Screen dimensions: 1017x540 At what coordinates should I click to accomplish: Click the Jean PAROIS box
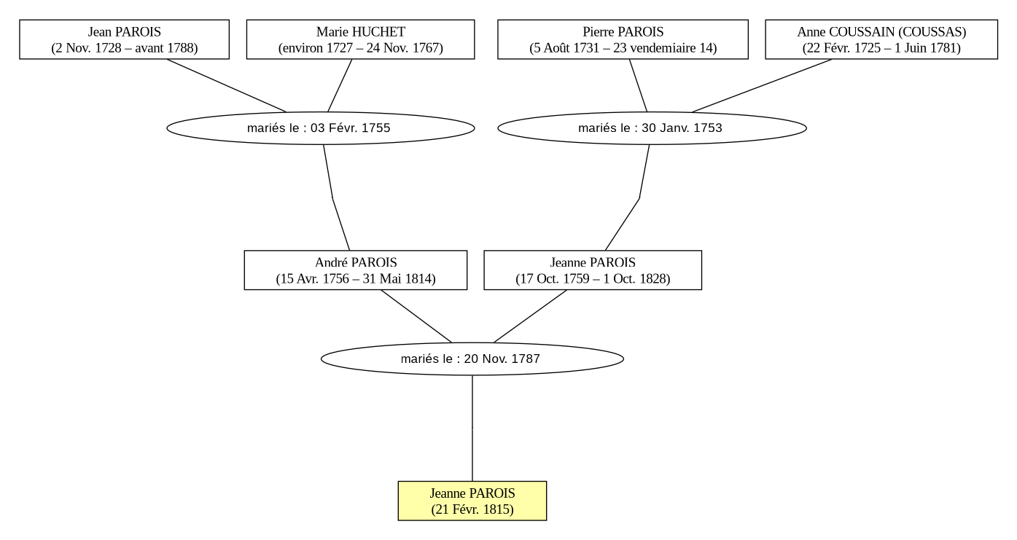pyautogui.click(x=124, y=39)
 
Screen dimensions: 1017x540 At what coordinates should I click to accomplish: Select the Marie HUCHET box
pyautogui.click(x=360, y=39)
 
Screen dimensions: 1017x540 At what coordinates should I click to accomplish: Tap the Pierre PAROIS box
pyautogui.click(x=623, y=39)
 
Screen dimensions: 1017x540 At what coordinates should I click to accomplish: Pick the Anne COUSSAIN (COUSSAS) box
pyautogui.click(x=881, y=39)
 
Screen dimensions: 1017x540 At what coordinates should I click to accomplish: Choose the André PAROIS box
pyautogui.click(x=356, y=270)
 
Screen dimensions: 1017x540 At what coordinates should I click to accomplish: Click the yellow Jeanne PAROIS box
pyautogui.click(x=472, y=501)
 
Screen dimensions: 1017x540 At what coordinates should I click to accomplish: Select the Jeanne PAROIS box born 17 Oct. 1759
pyautogui.click(x=593, y=270)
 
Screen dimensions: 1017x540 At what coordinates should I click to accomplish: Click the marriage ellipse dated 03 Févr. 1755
pyautogui.click(x=321, y=128)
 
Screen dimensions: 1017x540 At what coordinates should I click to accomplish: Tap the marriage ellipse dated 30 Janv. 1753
pyautogui.click(x=652, y=128)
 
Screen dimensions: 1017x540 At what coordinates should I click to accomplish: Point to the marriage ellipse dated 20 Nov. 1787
pyautogui.click(x=472, y=359)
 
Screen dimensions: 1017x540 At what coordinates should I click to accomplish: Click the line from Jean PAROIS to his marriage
pyautogui.click(x=226, y=85)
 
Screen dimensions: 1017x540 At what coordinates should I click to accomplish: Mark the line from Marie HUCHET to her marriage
pyautogui.click(x=340, y=85)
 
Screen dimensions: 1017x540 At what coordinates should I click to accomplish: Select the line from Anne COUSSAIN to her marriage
pyautogui.click(x=762, y=85)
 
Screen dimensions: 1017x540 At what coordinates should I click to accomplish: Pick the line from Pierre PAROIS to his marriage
pyautogui.click(x=638, y=85)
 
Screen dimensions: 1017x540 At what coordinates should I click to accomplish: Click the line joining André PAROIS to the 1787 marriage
pyautogui.click(x=416, y=316)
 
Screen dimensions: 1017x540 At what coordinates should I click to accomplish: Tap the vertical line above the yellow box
pyautogui.click(x=472, y=429)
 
